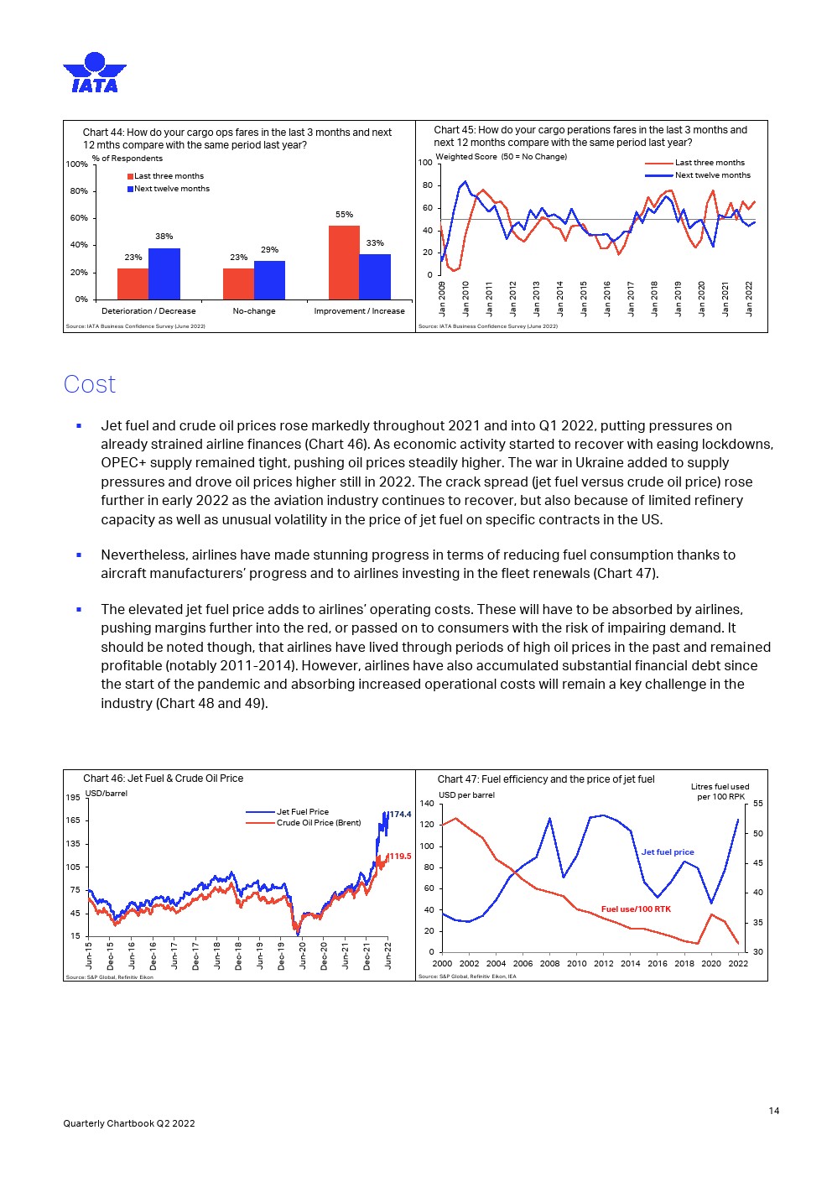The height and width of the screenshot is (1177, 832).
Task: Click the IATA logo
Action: point(95,72)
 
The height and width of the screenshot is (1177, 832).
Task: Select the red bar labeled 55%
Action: point(344,262)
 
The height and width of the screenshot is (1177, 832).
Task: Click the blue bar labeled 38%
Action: point(164,273)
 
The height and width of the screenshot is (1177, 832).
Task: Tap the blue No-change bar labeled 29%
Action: point(269,279)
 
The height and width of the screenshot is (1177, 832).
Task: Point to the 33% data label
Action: point(375,243)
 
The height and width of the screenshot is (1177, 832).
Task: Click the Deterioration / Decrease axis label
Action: point(148,311)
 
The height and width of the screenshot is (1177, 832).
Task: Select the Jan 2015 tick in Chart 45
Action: point(584,299)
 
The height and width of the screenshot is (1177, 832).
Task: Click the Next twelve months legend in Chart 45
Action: point(712,175)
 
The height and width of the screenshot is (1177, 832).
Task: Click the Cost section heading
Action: point(90,384)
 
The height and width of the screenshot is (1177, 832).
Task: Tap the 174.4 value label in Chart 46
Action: point(400,815)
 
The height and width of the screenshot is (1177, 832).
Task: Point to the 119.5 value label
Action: point(400,857)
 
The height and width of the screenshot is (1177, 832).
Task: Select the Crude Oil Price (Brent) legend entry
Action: point(319,823)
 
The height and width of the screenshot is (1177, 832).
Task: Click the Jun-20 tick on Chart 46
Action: point(303,955)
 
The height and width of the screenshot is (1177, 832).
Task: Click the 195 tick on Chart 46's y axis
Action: point(74,797)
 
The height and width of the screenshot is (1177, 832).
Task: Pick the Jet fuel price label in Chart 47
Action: point(668,852)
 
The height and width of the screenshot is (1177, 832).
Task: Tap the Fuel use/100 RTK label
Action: point(636,909)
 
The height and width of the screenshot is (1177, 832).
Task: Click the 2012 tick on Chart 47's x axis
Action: point(604,964)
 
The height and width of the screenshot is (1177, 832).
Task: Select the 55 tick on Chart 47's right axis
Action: point(758,804)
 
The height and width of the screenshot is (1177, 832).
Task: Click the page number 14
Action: point(774,1111)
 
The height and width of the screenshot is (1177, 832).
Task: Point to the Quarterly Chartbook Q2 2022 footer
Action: point(129,1123)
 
